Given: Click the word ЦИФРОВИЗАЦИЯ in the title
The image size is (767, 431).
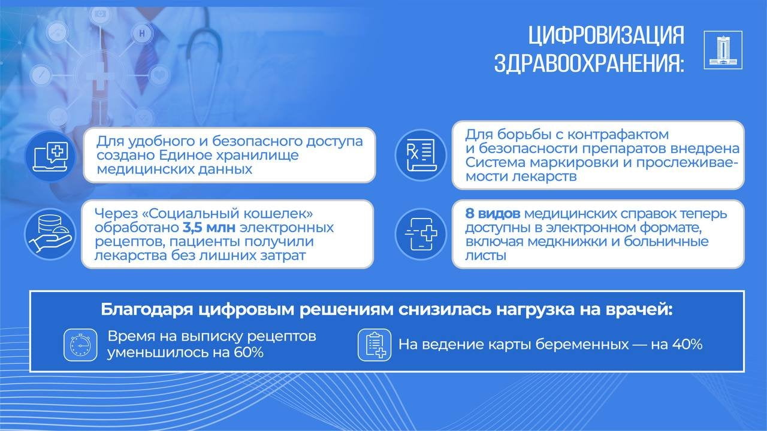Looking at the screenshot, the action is (606, 35).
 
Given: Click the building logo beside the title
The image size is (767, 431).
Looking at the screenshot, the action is (723, 50).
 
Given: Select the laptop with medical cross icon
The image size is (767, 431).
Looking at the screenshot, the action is (50, 156).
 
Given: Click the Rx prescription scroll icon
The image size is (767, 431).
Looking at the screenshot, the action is (421, 155).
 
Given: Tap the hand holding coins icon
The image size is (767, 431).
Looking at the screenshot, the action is (50, 234).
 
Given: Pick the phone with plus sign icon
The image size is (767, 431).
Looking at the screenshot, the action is (421, 234).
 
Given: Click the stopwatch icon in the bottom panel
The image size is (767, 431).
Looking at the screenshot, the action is (80, 345).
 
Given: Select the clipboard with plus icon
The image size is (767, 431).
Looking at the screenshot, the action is (375, 345).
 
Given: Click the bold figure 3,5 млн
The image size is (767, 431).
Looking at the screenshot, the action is (209, 227).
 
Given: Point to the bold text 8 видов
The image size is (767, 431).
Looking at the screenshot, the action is (493, 214).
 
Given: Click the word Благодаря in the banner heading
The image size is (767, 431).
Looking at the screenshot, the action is (147, 310).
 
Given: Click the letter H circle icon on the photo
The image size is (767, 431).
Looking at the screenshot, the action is (142, 34).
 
